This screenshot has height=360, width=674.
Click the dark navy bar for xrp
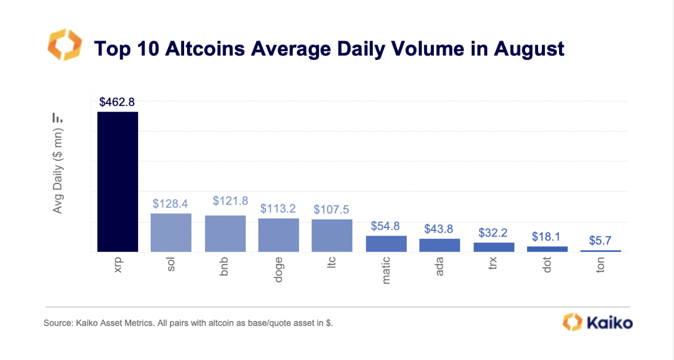117,182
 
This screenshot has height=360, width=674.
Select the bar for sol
170,233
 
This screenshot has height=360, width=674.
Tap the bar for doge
278,235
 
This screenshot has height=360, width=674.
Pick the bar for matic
386,243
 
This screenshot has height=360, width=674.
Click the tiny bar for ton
600,251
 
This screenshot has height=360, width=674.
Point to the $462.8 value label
117,102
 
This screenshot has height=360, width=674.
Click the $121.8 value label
225,201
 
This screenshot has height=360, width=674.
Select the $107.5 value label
332,209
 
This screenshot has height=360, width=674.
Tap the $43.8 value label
440,229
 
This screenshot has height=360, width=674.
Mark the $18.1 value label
547,237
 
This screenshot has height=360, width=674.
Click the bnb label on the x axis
225,265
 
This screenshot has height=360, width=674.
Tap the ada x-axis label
440,264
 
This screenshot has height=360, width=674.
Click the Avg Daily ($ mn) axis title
58,170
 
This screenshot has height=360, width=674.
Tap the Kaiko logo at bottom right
597,323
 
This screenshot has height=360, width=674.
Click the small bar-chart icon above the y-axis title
58,118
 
